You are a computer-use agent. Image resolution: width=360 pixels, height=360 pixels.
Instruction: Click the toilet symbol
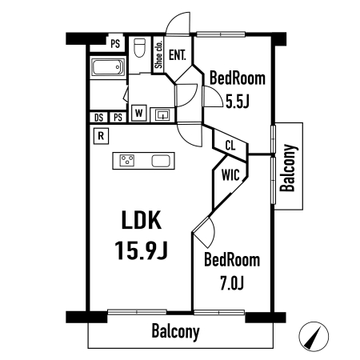click(139, 48)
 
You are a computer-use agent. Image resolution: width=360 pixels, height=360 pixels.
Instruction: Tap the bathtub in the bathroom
click(108, 67)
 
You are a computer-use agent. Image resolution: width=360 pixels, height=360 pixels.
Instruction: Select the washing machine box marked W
click(139, 113)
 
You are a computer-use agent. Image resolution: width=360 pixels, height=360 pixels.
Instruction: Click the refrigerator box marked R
click(101, 136)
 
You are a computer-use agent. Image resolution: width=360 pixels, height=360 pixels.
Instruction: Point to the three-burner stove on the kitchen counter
click(126, 161)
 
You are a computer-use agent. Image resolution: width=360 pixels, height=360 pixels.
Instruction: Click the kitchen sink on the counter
click(161, 161)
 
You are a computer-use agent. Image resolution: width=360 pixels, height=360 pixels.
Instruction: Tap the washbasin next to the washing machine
click(162, 115)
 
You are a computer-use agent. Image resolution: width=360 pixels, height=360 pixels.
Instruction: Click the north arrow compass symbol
click(314, 337)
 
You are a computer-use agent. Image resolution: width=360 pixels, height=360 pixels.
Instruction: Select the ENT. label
click(178, 55)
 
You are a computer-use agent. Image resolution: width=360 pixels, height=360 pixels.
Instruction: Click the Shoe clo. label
click(159, 54)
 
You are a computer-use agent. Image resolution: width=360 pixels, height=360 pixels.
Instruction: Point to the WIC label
click(230, 175)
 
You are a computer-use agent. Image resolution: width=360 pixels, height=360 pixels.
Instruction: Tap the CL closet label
click(230, 146)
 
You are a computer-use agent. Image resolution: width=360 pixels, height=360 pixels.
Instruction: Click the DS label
click(99, 118)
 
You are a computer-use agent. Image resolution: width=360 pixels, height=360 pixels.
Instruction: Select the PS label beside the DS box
click(118, 118)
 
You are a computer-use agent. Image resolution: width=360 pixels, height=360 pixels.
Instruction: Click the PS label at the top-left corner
click(115, 44)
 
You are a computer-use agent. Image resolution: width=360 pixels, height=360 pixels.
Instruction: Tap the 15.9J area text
click(141, 250)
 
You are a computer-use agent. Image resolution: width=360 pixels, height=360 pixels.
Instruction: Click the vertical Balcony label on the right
click(288, 168)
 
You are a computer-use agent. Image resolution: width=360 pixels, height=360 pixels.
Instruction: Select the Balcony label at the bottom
click(175, 331)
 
